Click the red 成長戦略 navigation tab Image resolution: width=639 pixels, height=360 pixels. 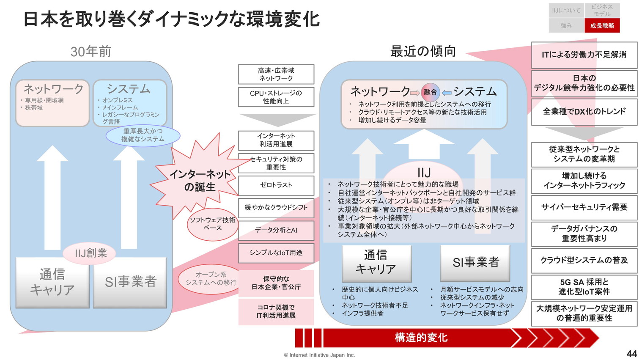(602, 26)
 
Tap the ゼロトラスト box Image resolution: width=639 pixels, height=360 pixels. (276, 185)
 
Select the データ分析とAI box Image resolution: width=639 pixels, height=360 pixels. (276, 230)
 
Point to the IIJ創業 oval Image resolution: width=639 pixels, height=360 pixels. (91, 253)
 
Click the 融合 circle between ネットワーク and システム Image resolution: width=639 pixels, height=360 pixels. (431, 92)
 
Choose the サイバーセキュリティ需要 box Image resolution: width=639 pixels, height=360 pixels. (584, 207)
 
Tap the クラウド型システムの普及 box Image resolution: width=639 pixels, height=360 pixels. (584, 260)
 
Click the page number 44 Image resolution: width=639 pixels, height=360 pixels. (631, 354)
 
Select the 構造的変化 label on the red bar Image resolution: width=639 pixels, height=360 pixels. (421, 338)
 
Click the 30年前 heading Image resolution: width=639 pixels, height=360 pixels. (91, 52)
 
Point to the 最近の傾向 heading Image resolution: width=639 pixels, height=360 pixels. (423, 51)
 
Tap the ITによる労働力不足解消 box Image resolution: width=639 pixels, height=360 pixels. (584, 55)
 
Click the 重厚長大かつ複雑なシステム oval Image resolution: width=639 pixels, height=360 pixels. (143, 135)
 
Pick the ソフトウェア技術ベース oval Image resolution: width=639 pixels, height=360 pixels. (212, 224)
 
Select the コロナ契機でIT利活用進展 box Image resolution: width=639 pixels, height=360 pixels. (276, 311)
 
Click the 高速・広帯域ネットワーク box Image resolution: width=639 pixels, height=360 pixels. (276, 74)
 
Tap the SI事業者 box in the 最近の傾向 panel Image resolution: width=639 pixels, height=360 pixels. (475, 263)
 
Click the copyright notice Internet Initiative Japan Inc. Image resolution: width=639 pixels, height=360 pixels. (319, 355)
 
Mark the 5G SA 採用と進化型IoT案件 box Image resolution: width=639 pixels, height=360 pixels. (584, 287)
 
